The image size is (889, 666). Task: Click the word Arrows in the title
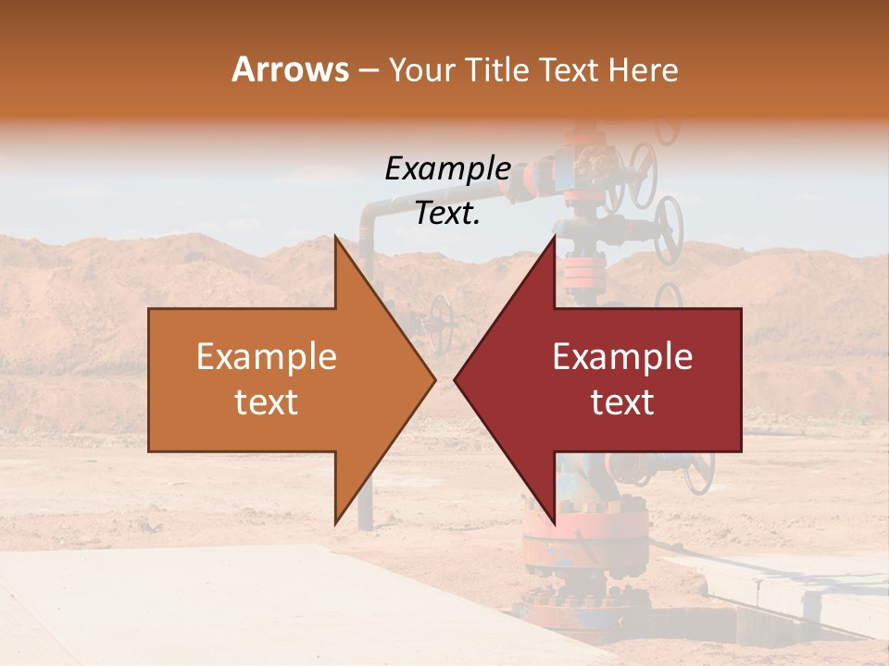[290, 69]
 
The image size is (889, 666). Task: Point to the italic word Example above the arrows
[447, 169]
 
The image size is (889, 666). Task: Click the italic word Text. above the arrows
[447, 213]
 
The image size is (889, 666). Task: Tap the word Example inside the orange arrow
[267, 357]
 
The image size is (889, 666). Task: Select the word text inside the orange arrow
[267, 401]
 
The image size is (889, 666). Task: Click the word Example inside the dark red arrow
[622, 357]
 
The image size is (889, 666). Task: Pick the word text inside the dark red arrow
[622, 401]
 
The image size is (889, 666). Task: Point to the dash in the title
[368, 70]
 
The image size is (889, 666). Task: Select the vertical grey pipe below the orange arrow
[366, 504]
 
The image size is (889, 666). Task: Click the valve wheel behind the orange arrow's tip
[442, 324]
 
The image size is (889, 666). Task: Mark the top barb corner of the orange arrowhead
[335, 237]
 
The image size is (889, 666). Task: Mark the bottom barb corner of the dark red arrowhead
[555, 524]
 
